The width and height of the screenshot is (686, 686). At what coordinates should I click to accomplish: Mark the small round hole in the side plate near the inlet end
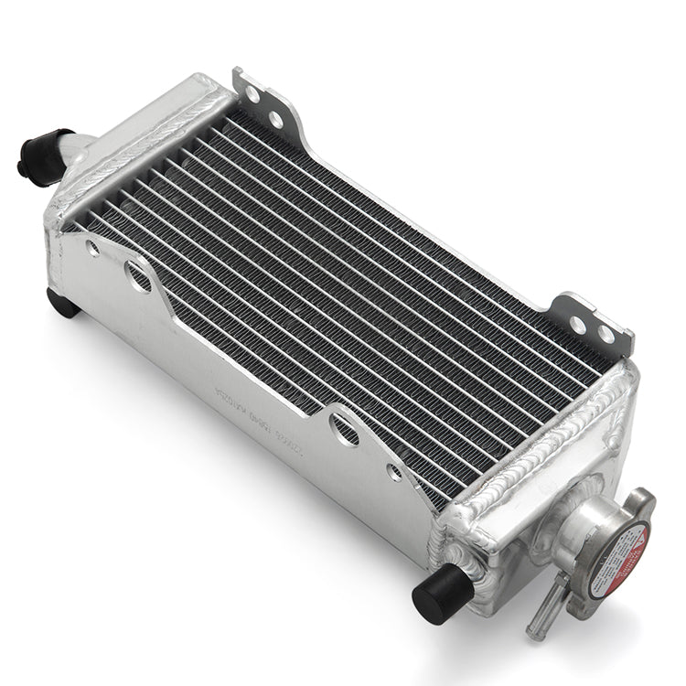(x=92, y=247)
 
